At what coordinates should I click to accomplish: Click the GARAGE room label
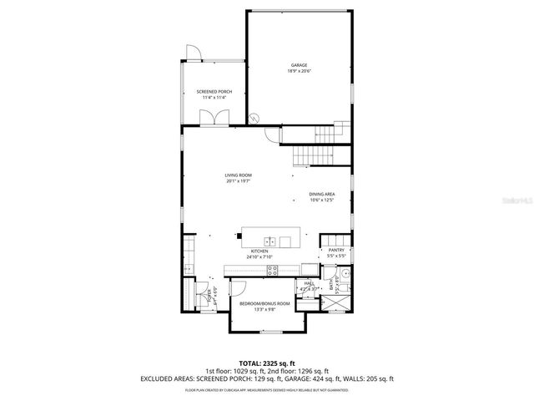coord(299,65)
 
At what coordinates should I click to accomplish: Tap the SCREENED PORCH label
coord(214,91)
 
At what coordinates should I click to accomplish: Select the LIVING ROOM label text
coord(238,175)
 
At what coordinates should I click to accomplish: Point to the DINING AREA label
coord(321,194)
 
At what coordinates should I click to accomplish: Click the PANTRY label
coord(336,250)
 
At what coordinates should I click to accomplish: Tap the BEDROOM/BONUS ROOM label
coord(264,303)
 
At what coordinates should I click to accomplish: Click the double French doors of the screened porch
coord(220,119)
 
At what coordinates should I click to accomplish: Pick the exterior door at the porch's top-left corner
coord(193,53)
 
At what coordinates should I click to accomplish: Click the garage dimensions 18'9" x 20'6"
coord(299,72)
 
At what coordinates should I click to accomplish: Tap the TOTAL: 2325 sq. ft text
coord(266,364)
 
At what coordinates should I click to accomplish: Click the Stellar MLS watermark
coord(507,201)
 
